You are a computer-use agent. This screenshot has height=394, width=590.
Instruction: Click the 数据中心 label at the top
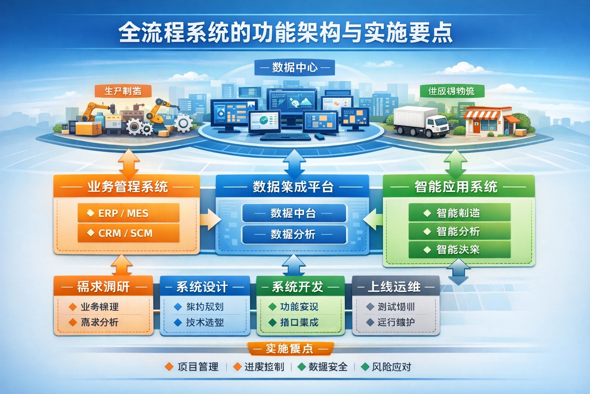tap(295, 68)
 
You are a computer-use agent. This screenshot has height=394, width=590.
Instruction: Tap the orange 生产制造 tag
tap(123, 91)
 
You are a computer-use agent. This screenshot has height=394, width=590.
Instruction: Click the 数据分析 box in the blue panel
tap(294, 234)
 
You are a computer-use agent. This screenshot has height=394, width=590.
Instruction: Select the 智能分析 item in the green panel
tap(459, 231)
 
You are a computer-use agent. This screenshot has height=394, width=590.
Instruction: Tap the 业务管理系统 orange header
tap(127, 187)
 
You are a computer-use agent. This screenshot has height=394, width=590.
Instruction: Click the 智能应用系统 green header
tap(458, 187)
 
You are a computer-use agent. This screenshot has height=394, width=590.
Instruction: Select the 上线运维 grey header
tap(396, 287)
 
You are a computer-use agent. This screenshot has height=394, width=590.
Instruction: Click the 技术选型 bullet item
tap(204, 322)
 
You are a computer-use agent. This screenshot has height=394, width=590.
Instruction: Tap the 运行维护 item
tap(396, 322)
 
